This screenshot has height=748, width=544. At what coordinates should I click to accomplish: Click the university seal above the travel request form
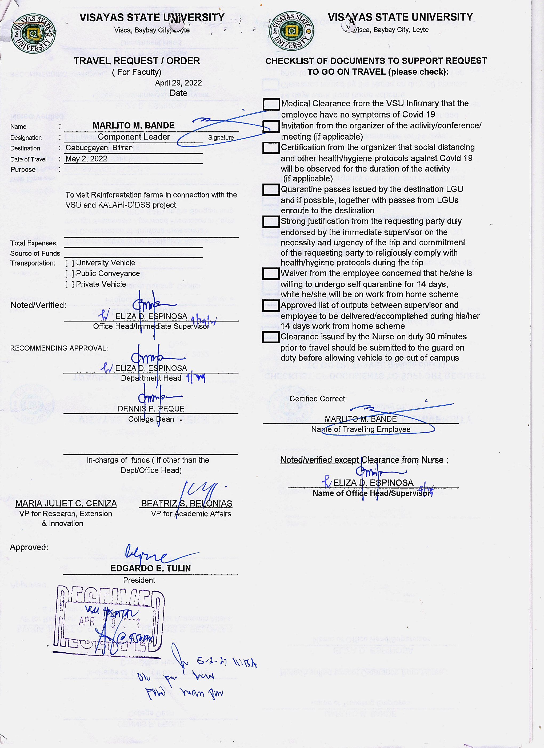click(33, 33)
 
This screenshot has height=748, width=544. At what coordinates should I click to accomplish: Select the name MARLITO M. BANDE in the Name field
click(133, 126)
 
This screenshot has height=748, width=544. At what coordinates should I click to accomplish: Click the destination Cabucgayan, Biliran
click(99, 148)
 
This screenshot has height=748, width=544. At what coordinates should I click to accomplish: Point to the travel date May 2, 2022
click(86, 159)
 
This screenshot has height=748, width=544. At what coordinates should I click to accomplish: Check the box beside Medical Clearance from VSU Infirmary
click(271, 104)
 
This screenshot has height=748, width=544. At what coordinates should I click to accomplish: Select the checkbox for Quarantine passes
click(271, 190)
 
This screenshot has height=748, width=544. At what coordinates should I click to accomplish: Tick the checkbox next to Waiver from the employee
click(271, 273)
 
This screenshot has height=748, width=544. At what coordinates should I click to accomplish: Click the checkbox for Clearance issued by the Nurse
click(271, 337)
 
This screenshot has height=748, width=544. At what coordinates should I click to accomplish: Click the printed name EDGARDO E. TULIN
click(150, 568)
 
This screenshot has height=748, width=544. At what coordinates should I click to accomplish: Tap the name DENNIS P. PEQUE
click(151, 409)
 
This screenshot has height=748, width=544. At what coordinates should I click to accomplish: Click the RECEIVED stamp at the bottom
click(109, 620)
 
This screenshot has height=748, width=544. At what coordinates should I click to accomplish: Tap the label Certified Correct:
click(318, 399)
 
